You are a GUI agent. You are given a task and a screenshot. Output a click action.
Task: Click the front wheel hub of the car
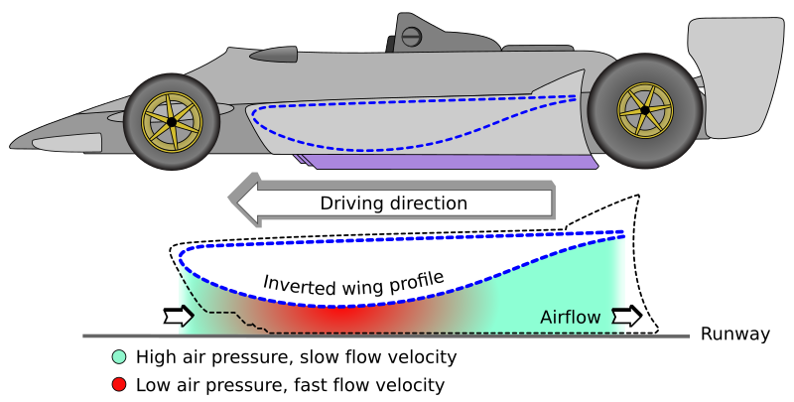click(x=172, y=121)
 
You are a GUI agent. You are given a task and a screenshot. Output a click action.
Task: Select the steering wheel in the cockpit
click(x=413, y=37)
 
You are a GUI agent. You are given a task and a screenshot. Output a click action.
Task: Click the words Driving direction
click(x=393, y=203)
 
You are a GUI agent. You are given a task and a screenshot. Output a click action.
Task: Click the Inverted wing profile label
click(x=351, y=280)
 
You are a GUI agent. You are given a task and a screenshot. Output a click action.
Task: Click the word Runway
click(x=734, y=335)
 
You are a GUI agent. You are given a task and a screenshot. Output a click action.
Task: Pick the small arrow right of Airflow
click(x=627, y=317)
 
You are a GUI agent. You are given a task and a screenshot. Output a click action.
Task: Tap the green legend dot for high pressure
click(x=119, y=357)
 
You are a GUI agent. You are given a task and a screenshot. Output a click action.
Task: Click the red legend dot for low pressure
click(x=119, y=384)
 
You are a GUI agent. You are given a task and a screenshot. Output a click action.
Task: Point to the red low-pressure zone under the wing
click(x=337, y=320)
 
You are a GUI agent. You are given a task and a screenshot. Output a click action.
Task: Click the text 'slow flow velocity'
click(x=372, y=357)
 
